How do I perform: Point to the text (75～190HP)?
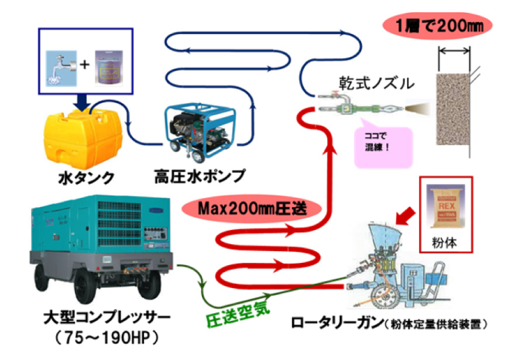point(107,339)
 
